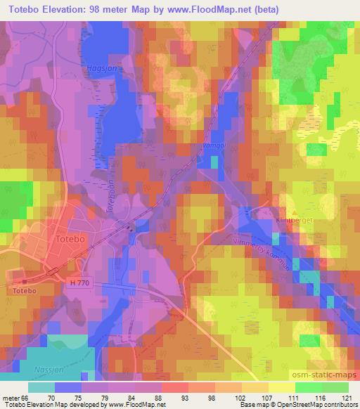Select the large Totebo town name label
[69, 240]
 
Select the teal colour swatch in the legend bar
[41, 387]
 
